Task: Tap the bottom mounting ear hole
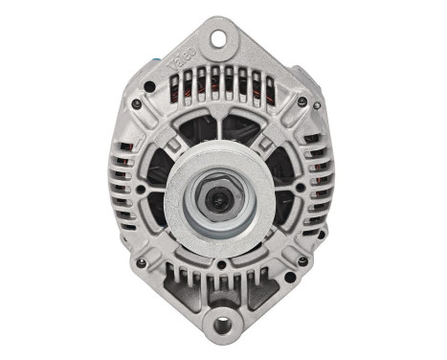[x=223, y=323]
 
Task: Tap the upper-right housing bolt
[x=302, y=101]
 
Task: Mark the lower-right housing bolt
[x=302, y=260]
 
